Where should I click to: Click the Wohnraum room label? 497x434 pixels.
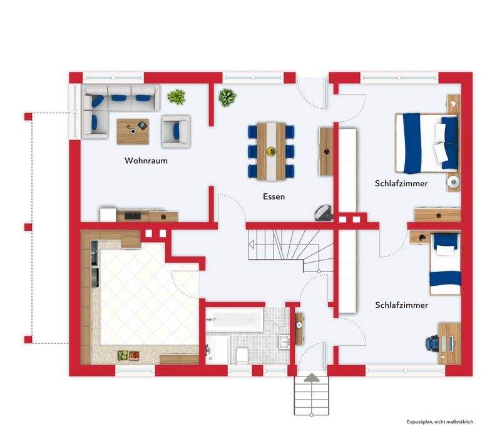(146, 161)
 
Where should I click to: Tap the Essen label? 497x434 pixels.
(274, 196)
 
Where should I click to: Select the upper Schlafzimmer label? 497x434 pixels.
(401, 183)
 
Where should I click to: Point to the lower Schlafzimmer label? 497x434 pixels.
(402, 305)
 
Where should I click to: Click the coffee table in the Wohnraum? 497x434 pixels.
(133, 131)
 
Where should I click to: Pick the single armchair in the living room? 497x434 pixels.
(176, 131)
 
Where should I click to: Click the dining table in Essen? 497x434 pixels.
(271, 151)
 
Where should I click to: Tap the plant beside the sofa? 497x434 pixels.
(177, 96)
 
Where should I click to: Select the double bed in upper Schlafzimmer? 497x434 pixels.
(427, 143)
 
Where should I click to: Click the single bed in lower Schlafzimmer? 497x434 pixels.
(444, 264)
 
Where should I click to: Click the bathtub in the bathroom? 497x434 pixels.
(235, 320)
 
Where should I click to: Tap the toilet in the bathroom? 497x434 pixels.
(242, 356)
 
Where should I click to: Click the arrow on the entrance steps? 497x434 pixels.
(312, 377)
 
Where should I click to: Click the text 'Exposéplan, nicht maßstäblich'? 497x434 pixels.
(440, 421)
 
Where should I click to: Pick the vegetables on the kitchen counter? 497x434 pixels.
(128, 355)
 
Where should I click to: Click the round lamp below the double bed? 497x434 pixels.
(453, 182)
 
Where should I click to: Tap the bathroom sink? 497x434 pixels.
(284, 341)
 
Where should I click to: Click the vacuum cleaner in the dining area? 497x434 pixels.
(324, 213)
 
